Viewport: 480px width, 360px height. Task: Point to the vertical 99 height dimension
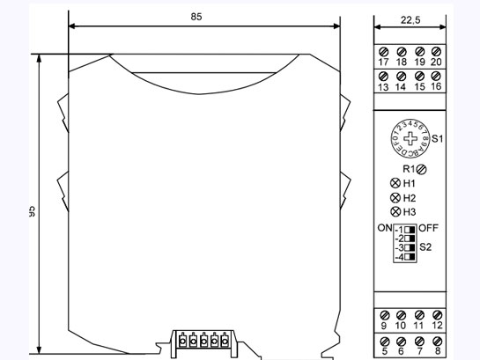click(x=31, y=211)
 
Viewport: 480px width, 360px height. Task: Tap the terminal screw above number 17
click(x=383, y=51)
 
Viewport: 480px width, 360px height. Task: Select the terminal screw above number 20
click(x=436, y=51)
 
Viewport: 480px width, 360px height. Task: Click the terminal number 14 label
click(x=401, y=88)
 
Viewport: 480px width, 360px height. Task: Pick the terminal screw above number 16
click(x=436, y=77)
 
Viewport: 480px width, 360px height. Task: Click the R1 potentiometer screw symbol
click(x=423, y=168)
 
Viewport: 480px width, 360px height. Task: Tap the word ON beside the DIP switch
click(x=384, y=228)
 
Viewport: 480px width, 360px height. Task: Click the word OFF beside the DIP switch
click(x=429, y=228)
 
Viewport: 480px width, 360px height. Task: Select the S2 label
click(x=426, y=246)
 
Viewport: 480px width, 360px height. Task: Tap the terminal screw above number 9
click(x=383, y=314)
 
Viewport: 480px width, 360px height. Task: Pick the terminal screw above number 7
click(x=418, y=339)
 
